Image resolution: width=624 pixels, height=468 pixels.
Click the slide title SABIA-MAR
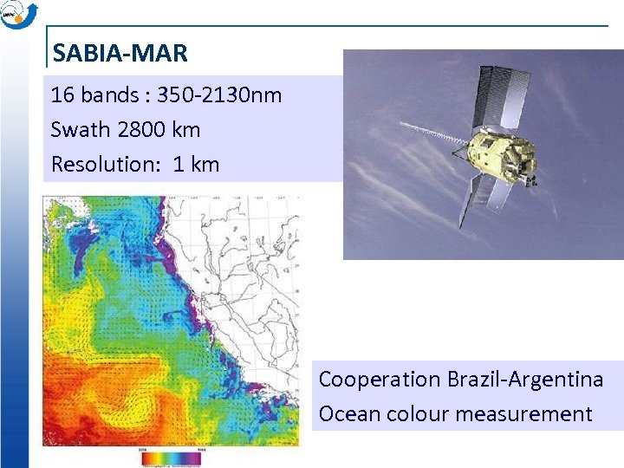[x=120, y=54]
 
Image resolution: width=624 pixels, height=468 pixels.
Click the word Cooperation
[x=380, y=380]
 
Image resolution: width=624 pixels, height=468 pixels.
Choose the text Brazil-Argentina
[x=525, y=380]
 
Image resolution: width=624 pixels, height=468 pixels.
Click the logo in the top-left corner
[x=18, y=15]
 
